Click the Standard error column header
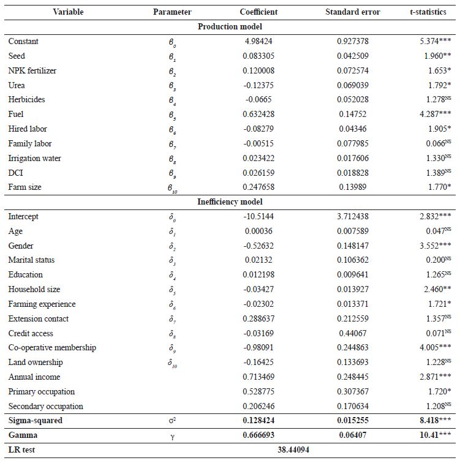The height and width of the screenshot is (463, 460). click(x=352, y=12)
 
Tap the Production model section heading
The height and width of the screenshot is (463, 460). click(x=230, y=27)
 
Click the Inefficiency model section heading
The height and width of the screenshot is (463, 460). click(x=230, y=201)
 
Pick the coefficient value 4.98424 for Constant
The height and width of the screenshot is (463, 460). click(x=258, y=42)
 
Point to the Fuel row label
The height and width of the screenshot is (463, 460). click(x=16, y=115)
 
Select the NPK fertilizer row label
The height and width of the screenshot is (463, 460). click(x=32, y=71)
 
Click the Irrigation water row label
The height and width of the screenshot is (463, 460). click(x=34, y=159)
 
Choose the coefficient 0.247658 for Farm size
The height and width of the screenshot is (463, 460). click(x=258, y=187)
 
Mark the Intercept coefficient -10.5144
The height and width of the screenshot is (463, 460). click(x=258, y=217)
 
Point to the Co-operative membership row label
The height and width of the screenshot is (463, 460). click(x=52, y=348)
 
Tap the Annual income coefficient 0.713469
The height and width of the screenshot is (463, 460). click(x=258, y=377)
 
